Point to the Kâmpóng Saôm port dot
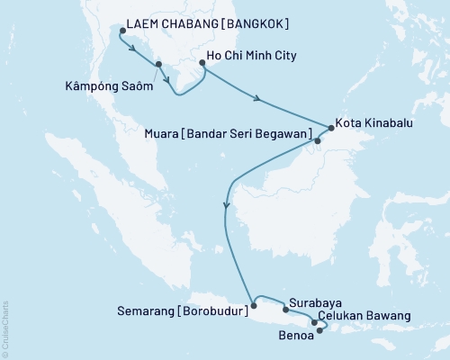click(x=158, y=64)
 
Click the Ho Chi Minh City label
click(x=252, y=56)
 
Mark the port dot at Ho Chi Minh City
click(x=202, y=64)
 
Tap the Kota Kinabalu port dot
click(x=330, y=127)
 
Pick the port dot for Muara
click(x=317, y=140)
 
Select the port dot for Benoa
click(x=320, y=329)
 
